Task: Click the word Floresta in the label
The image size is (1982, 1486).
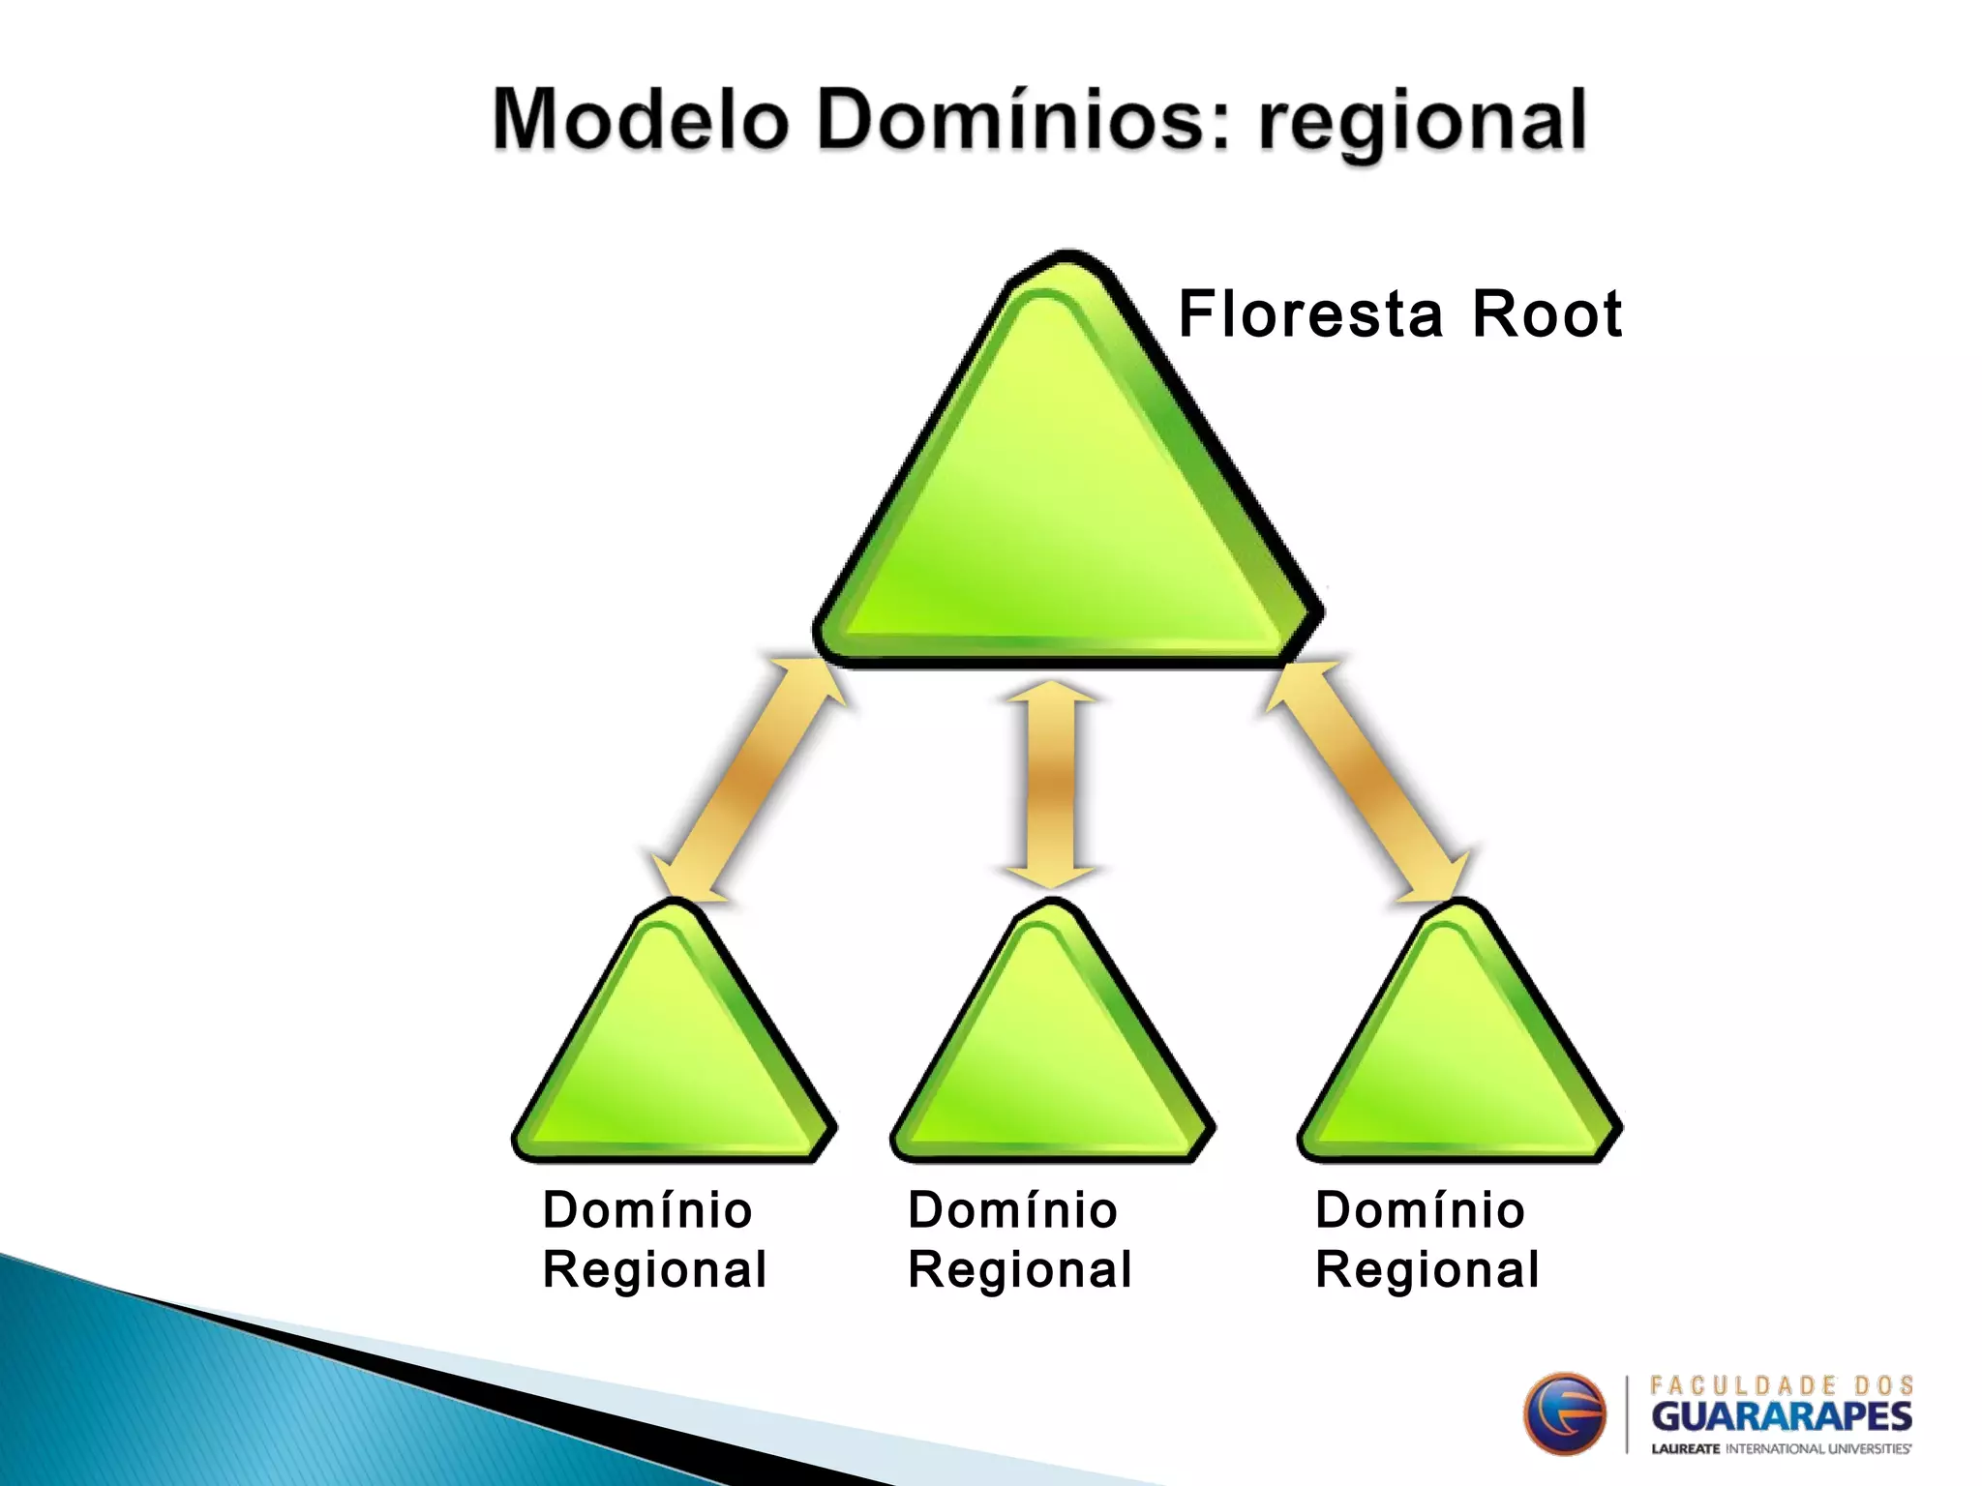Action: pos(1310,314)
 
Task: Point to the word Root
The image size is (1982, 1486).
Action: pos(1546,314)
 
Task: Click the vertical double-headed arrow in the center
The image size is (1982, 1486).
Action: pos(1051,784)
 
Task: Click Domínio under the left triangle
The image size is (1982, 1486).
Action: pos(647,1210)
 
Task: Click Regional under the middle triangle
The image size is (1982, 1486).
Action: pos(1020,1269)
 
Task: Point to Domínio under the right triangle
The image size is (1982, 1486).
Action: pos(1420,1210)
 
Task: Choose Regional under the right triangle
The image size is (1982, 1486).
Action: pos(1426,1269)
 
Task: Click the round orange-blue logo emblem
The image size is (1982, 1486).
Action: pos(1564,1413)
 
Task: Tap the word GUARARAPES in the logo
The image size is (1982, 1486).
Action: pos(1781,1417)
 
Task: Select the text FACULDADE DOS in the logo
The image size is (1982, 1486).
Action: pos(1781,1385)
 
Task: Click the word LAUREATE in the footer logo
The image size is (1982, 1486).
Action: pos(1685,1449)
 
